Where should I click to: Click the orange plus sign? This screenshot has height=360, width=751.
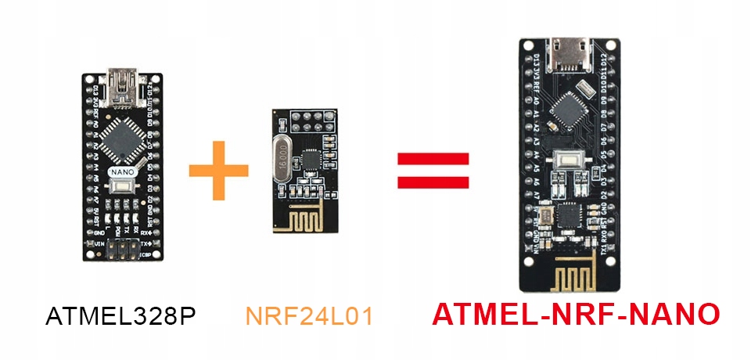[218, 170]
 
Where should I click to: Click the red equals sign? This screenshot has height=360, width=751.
[433, 170]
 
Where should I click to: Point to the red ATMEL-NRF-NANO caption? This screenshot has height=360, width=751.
[575, 314]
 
